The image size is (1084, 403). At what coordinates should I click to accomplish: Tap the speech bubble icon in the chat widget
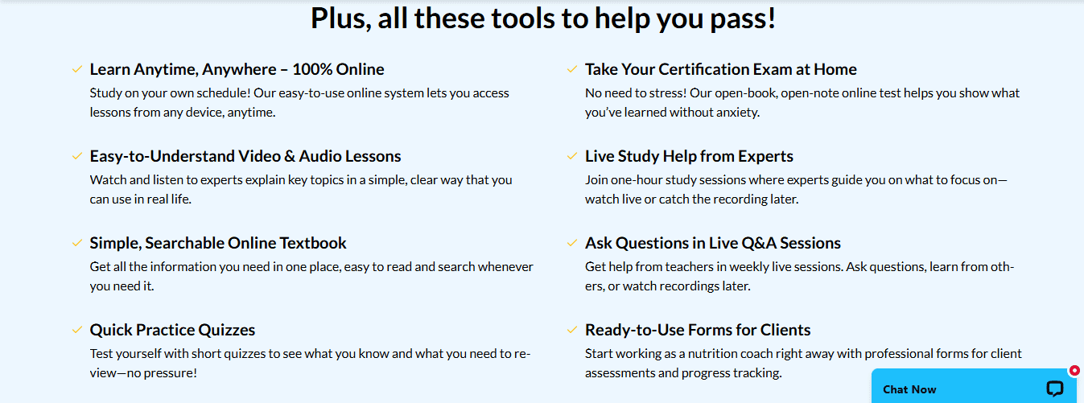point(1055,389)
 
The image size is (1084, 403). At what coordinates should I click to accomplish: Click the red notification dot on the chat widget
point(1074,371)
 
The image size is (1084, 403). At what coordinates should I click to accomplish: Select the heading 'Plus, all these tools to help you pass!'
point(543,19)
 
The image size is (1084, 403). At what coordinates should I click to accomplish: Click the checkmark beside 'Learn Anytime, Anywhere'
point(77,70)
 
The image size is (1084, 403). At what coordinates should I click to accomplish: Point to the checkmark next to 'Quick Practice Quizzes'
point(77,330)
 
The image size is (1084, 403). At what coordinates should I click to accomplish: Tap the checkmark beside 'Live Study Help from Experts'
point(572,156)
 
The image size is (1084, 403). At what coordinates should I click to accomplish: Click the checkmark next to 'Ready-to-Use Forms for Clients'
point(572,330)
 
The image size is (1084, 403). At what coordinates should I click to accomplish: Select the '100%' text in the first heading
point(312,69)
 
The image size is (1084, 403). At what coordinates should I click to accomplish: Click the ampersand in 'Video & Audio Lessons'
point(290,156)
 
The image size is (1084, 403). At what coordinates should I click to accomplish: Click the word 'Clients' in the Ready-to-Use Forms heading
point(785,330)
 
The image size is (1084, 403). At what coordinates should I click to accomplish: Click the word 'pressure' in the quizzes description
point(166,373)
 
